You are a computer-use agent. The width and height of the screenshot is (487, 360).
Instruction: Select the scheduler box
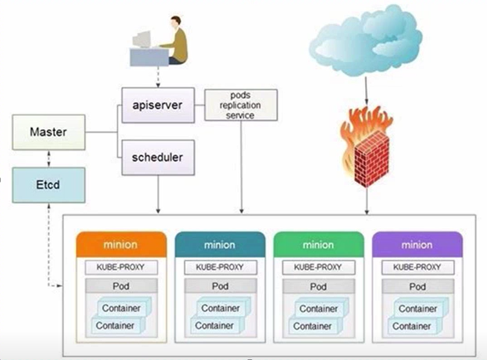pos(158,158)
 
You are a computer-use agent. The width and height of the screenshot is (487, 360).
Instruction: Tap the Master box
pos(48,131)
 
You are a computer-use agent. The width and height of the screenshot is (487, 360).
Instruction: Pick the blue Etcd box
pos(48,184)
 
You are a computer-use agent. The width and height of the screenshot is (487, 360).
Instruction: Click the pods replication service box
pos(241,106)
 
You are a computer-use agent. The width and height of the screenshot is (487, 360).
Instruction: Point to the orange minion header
pos(120,245)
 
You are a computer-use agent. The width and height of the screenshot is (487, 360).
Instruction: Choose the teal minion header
pos(220,245)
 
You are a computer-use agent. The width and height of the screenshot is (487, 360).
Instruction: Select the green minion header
pos(319,245)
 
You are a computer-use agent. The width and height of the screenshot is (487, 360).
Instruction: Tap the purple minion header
pos(417,245)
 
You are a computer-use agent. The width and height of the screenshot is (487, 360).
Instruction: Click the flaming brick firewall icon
pos(366,144)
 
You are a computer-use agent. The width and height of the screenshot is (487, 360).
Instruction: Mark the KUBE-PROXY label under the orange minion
pos(120,267)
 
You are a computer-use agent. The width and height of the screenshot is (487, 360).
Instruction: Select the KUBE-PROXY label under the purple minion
pos(417,267)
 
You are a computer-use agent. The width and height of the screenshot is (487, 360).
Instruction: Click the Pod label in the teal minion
pos(220,286)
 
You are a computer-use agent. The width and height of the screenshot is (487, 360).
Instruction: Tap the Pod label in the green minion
pos(319,286)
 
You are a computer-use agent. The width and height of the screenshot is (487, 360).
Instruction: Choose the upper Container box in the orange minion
pos(123,308)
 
